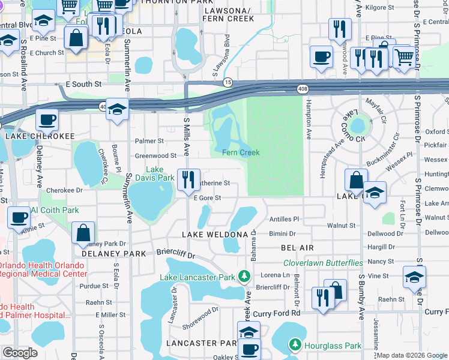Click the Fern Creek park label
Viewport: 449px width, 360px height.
point(241,152)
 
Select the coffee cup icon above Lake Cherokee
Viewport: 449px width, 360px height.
point(46,119)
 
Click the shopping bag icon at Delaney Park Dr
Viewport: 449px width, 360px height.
point(83,232)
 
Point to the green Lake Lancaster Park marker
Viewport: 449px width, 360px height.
point(244,277)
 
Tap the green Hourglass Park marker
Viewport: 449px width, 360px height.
point(295,345)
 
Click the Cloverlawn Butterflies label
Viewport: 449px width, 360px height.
point(323,263)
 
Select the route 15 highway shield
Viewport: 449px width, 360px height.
point(228,81)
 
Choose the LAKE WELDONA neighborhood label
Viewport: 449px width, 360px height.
point(215,233)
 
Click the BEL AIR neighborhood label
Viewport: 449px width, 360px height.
point(297,247)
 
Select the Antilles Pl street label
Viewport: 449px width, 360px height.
point(284,220)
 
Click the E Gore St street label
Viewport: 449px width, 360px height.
point(208,197)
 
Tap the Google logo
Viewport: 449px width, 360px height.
point(20,353)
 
